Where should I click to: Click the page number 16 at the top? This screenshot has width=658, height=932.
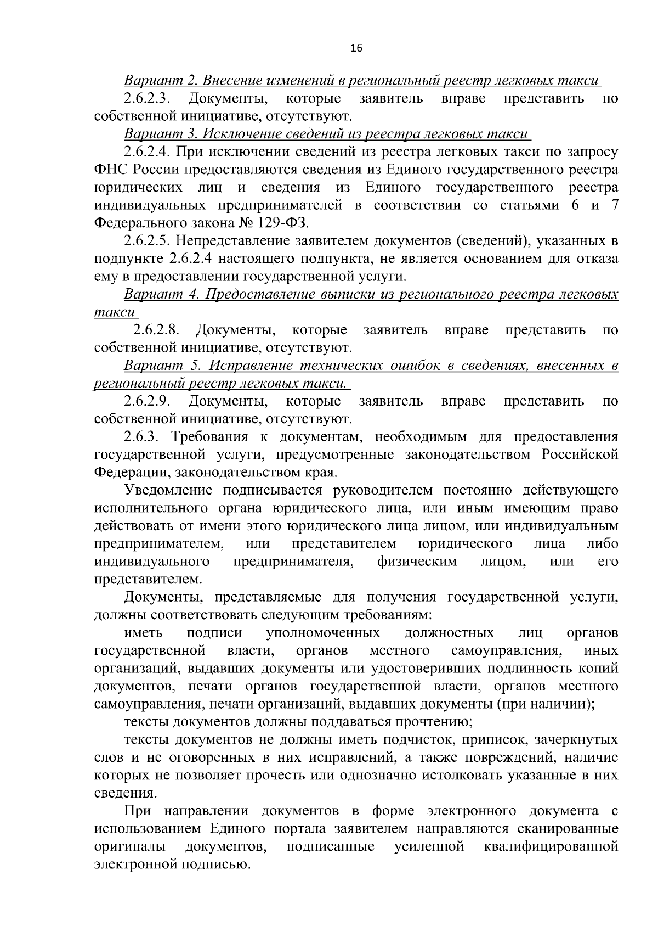click(x=356, y=48)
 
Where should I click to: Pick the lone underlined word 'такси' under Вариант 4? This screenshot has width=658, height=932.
click(x=114, y=312)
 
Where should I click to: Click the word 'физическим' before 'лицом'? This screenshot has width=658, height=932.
click(x=417, y=562)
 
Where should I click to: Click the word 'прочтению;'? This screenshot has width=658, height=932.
click(x=428, y=722)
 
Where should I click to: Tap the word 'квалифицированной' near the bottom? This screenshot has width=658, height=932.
click(x=551, y=847)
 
